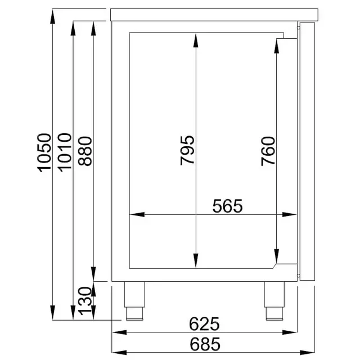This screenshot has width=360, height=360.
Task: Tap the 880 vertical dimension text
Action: point(85,151)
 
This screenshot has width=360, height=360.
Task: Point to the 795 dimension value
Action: point(187,150)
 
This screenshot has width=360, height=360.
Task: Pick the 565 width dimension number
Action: point(227,206)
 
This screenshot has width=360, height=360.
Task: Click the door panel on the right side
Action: point(308,151)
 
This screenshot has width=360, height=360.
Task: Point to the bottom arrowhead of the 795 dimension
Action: point(195,264)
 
